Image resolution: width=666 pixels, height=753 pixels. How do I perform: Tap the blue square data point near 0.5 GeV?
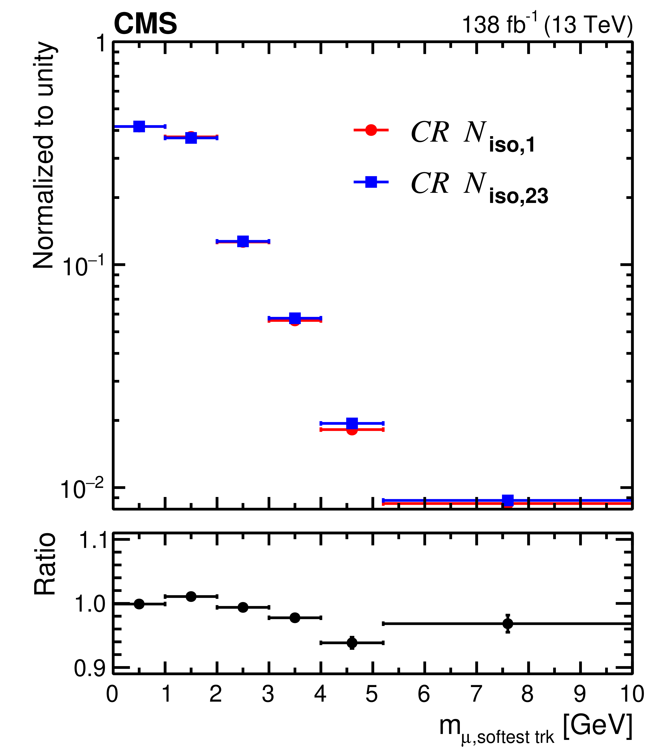(139, 126)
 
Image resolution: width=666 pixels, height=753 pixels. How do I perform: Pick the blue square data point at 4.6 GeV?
(352, 423)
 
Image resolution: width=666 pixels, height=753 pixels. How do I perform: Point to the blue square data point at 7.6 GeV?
(508, 500)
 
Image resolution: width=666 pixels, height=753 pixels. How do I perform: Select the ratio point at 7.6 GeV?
(508, 624)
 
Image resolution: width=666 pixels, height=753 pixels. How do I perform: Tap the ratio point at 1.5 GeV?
(191, 596)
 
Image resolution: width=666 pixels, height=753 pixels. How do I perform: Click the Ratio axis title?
(45, 564)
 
